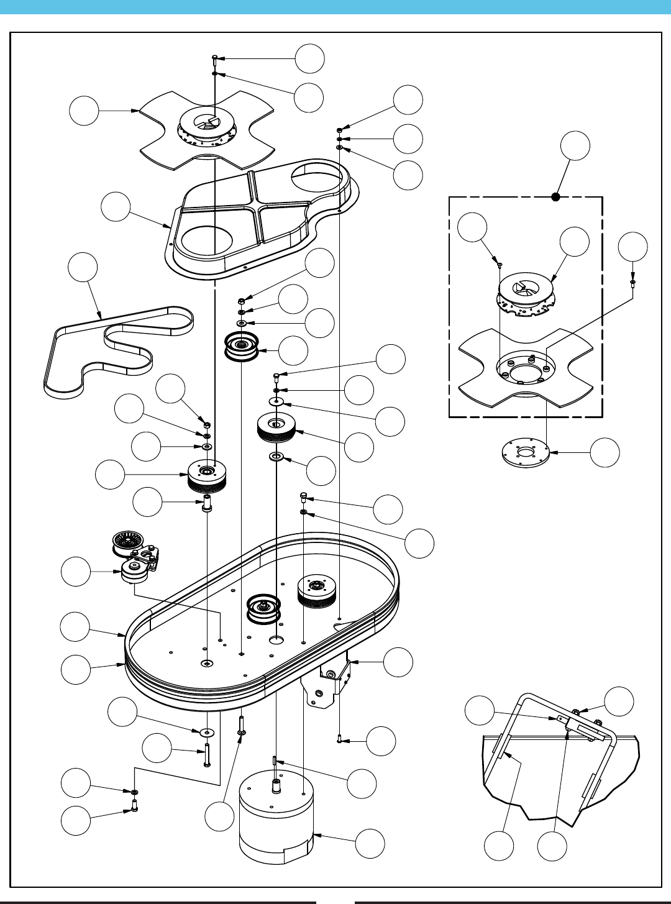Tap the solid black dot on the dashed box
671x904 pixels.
[x=556, y=197]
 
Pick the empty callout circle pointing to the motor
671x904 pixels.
[x=370, y=844]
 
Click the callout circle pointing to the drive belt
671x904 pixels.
[x=83, y=268]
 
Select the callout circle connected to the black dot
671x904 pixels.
[x=575, y=146]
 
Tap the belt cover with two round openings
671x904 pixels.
[x=261, y=217]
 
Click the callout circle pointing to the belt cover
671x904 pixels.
[x=116, y=207]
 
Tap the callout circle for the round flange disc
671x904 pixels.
[x=605, y=452]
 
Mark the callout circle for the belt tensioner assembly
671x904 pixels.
[x=76, y=572]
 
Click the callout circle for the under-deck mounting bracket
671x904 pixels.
[x=398, y=662]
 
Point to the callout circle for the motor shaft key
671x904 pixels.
[x=362, y=784]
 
